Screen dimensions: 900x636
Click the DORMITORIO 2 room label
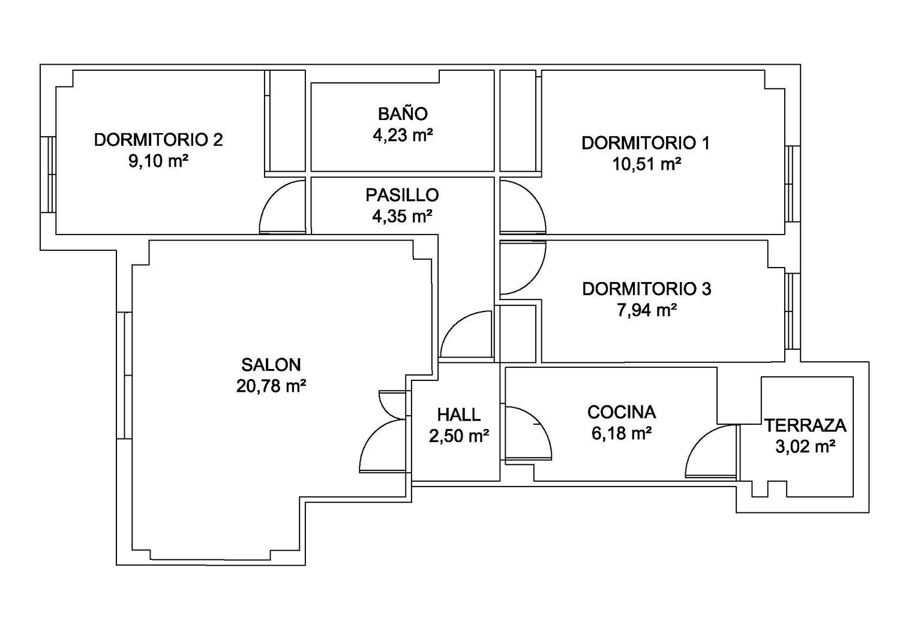pyautogui.click(x=158, y=140)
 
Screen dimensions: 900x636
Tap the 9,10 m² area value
pyautogui.click(x=158, y=161)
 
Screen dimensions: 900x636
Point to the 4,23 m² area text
pyautogui.click(x=403, y=135)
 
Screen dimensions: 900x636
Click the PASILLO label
pyautogui.click(x=402, y=195)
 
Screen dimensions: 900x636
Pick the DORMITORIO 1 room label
pyautogui.click(x=646, y=143)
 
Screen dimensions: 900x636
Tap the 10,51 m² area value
pyautogui.click(x=646, y=164)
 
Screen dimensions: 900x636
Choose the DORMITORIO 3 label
pyautogui.click(x=646, y=289)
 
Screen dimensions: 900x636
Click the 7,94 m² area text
pyautogui.click(x=647, y=310)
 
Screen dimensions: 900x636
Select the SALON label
pyautogui.click(x=271, y=365)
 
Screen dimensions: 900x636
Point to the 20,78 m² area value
pyautogui.click(x=271, y=386)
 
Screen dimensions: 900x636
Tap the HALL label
pyautogui.click(x=459, y=415)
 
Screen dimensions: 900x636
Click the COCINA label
pyautogui.click(x=622, y=412)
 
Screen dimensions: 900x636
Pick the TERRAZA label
pyautogui.click(x=805, y=425)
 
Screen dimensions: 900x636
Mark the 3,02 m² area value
pyautogui.click(x=806, y=446)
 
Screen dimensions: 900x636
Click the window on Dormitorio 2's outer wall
pyautogui.click(x=48, y=175)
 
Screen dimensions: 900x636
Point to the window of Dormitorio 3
pyautogui.click(x=793, y=311)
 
